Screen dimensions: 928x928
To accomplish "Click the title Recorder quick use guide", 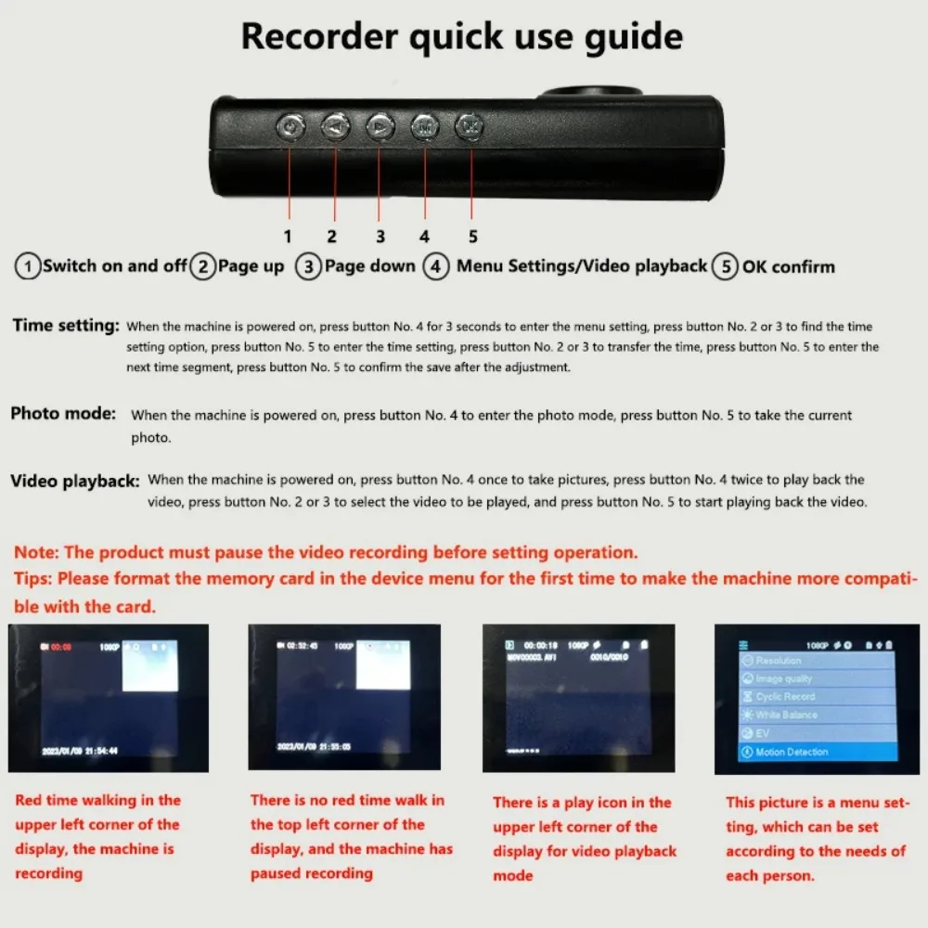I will pyautogui.click(x=462, y=37).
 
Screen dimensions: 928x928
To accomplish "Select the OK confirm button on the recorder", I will pyautogui.click(x=470, y=125).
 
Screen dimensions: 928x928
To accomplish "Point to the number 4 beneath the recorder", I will pyautogui.click(x=424, y=237).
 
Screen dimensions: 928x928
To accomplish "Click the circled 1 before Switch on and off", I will pyautogui.click(x=28, y=267).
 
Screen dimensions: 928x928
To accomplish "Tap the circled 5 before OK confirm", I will pyautogui.click(x=725, y=267).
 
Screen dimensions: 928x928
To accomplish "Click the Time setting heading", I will pyautogui.click(x=66, y=326).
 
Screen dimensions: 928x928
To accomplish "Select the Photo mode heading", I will pyautogui.click(x=63, y=413).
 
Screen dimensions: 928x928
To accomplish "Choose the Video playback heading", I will pyautogui.click(x=75, y=481).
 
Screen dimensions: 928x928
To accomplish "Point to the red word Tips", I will pyautogui.click(x=33, y=578).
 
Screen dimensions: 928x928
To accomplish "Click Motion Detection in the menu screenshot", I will pyautogui.click(x=792, y=752).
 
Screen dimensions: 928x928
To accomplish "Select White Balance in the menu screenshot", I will pyautogui.click(x=787, y=715).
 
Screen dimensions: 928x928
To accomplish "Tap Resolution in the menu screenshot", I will pyautogui.click(x=779, y=661).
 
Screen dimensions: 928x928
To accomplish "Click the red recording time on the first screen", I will pyautogui.click(x=60, y=643).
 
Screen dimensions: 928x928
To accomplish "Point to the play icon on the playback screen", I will pyautogui.click(x=509, y=643).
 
